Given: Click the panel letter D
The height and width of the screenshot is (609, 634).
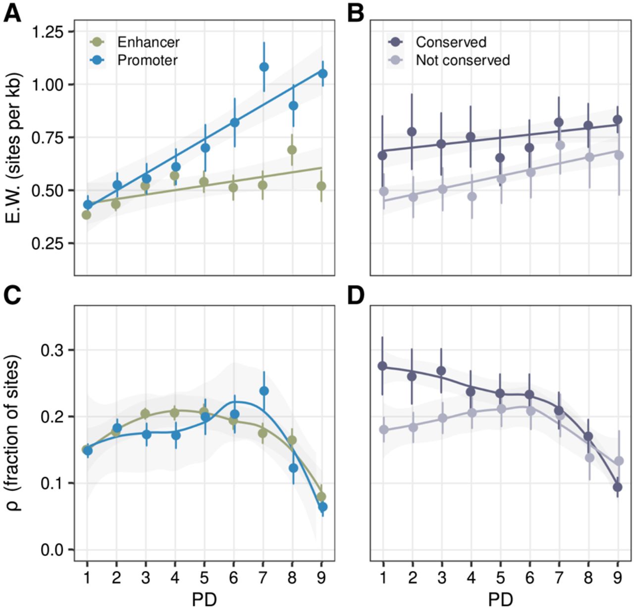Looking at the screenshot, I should tap(356, 295).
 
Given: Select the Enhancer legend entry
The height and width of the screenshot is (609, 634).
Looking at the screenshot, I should tap(148, 42).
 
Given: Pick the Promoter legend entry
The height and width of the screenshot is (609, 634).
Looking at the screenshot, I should tap(147, 60).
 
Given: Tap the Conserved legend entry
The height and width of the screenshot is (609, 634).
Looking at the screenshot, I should tap(451, 42).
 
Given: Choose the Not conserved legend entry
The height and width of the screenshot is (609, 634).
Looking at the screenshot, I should tap(463, 60).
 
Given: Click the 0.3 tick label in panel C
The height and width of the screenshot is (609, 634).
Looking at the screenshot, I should tap(52, 350).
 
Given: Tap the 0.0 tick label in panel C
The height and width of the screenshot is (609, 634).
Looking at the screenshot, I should tap(52, 550).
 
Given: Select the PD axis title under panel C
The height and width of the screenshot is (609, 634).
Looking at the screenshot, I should tap(204, 600).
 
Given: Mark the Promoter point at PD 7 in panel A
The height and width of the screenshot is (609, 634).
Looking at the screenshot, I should tap(264, 67).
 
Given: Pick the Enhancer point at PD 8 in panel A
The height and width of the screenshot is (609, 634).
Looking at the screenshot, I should tap(292, 150).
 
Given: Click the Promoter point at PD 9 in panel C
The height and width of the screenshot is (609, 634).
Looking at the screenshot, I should tap(322, 507).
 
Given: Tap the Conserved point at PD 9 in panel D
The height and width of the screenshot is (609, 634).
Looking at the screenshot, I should tap(618, 487).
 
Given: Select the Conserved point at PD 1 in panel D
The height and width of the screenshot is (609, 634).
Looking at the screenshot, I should tap(382, 366).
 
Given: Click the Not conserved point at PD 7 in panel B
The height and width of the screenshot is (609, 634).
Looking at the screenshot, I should tap(560, 145).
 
